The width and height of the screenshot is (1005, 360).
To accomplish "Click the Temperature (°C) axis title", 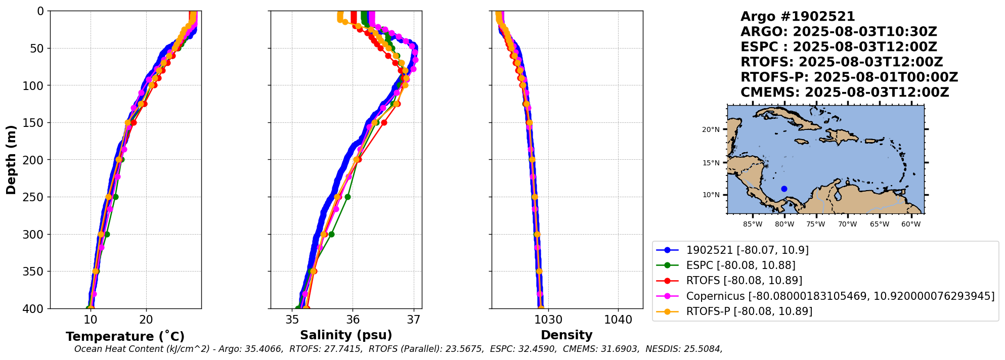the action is point(125,336).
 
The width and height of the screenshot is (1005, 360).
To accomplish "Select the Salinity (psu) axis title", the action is point(346,335).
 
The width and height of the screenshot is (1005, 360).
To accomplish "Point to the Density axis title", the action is point(566,335).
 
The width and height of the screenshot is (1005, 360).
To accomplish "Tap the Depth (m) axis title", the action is point(11,160).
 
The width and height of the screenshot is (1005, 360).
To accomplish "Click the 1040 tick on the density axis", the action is point(618,320).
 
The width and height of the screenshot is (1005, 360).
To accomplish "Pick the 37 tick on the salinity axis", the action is point(414,320).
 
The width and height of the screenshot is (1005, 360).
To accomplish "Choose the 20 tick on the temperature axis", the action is point(146,320).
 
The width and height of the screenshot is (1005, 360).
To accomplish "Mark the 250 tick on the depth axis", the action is point(34,197).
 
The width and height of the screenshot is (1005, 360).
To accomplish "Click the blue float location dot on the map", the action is point(784,189).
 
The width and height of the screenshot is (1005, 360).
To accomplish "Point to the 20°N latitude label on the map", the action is point(711,129).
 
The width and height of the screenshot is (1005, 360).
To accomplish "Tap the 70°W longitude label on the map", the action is point(847,224).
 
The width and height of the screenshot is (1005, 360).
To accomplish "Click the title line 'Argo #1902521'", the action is point(798,17).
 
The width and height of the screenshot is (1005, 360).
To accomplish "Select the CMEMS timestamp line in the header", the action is point(845,93).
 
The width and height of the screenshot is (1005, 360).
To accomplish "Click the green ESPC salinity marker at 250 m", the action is point(347,197).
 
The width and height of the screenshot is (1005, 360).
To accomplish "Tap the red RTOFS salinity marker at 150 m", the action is point(384,122).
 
